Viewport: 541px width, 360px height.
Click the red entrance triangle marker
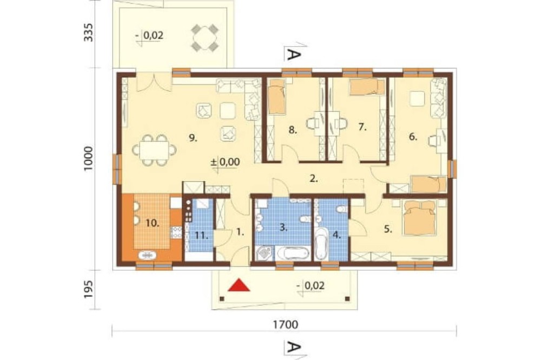coord(239,285)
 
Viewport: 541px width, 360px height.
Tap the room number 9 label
coord(193,138)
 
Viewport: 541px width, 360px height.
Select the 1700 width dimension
coord(285,324)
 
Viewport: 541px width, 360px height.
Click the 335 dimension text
coord(89,32)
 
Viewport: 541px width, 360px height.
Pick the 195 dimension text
coord(89,289)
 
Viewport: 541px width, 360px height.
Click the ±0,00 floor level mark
coord(225,162)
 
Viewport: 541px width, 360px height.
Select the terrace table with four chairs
coord(205,37)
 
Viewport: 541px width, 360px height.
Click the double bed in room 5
coord(420,218)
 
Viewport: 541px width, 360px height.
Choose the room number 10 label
coord(152,223)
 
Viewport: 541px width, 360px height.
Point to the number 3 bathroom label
coord(283,228)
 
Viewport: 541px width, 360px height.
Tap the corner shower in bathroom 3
coord(265,253)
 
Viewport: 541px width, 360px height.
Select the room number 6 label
coord(413,137)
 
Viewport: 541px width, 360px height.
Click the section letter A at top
coord(293,55)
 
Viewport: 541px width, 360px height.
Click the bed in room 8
coord(276,97)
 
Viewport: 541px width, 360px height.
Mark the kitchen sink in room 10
coord(147,255)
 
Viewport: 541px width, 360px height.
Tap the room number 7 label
coord(362,127)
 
